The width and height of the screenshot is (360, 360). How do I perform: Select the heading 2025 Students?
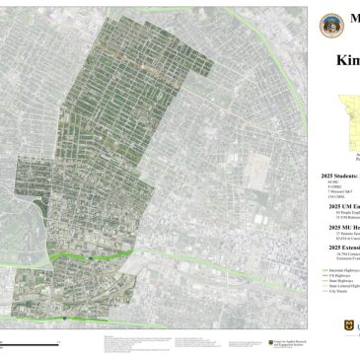coord(341,174)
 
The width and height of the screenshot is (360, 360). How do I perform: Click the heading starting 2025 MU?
coord(341,226)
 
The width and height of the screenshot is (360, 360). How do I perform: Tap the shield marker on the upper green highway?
coord(89,256)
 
